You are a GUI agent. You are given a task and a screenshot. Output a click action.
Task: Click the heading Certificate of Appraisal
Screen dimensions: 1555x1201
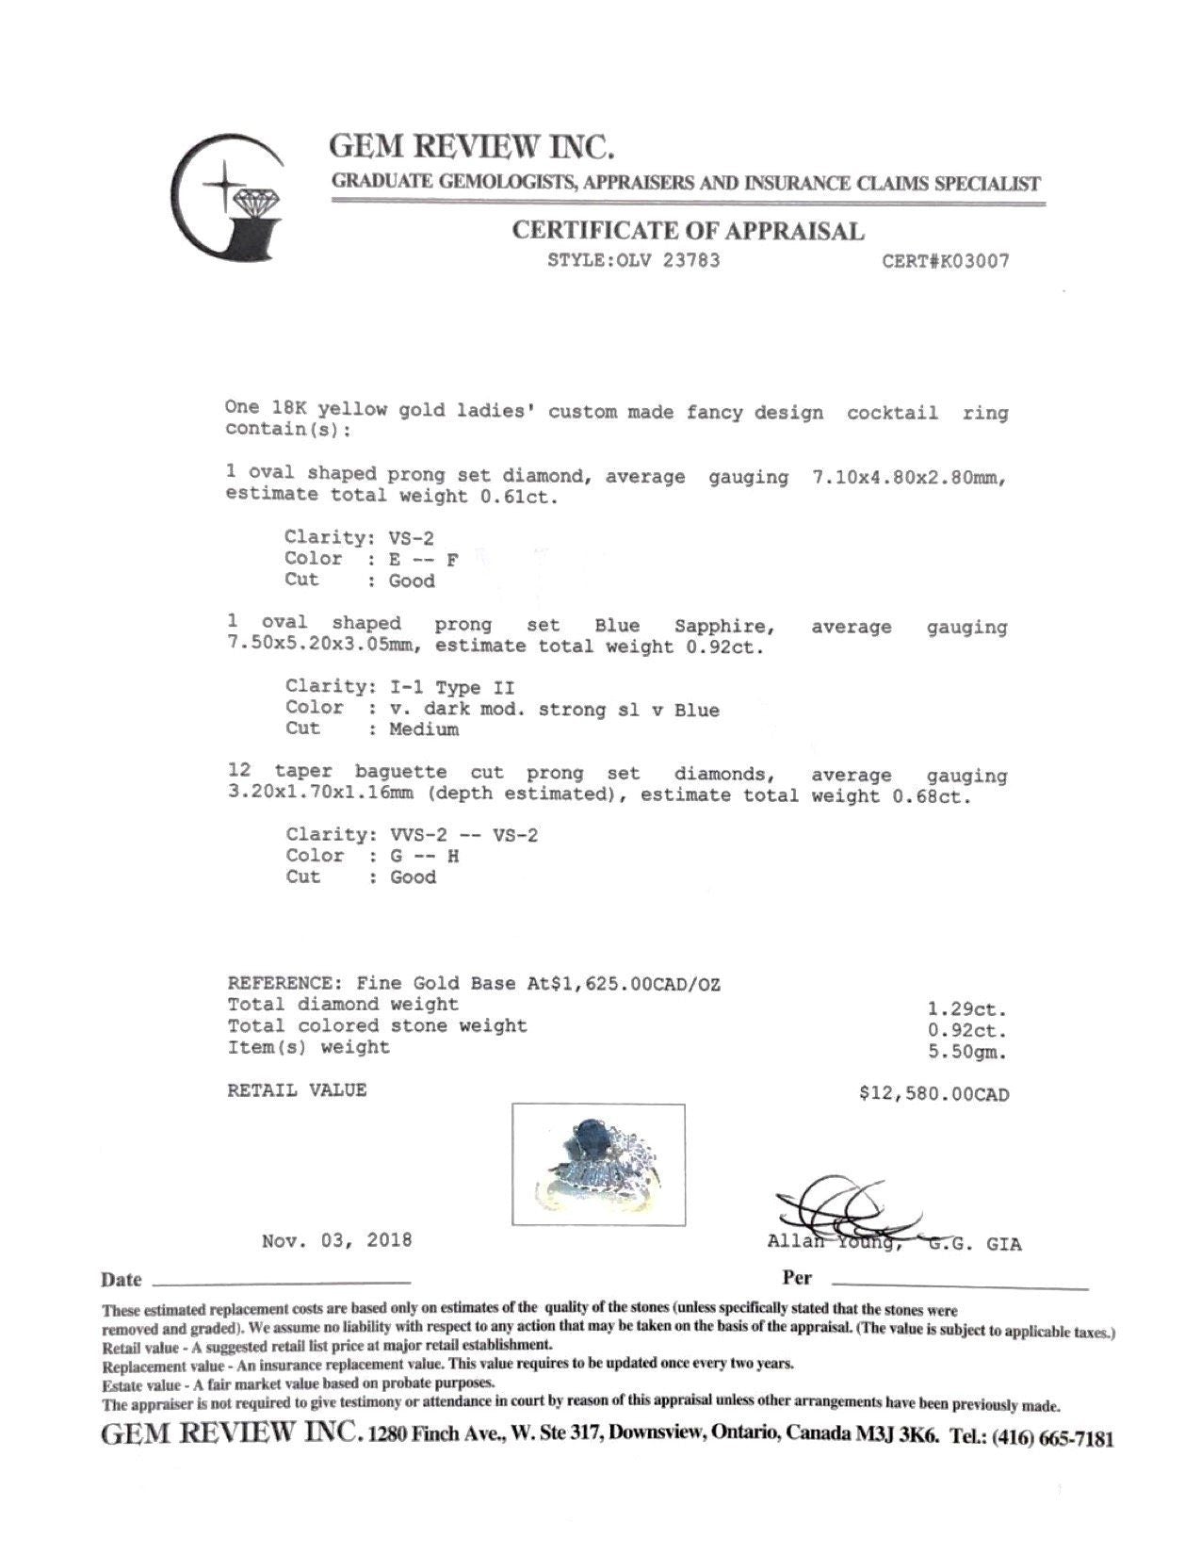click(x=688, y=231)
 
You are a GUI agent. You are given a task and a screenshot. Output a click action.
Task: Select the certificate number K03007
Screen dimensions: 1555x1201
click(x=945, y=261)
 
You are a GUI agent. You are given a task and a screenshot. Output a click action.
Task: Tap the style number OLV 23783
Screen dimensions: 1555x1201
click(x=633, y=260)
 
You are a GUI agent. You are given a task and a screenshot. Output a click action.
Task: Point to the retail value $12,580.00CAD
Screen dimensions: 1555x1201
click(x=933, y=1094)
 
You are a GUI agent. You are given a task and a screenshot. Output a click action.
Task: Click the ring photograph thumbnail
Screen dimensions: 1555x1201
click(x=598, y=1165)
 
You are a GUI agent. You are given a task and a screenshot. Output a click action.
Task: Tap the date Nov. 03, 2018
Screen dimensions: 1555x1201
click(x=336, y=1240)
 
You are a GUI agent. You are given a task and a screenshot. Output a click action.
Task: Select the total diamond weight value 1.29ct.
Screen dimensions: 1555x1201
click(x=967, y=1007)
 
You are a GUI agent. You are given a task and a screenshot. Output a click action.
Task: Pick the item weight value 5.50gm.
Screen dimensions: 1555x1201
click(x=967, y=1051)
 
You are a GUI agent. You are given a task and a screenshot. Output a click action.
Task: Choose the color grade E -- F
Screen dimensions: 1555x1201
click(x=424, y=559)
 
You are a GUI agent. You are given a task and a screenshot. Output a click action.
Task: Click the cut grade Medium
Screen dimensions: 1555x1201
click(x=424, y=729)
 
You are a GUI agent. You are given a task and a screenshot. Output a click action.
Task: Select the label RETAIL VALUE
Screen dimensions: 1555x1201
click(x=297, y=1090)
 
